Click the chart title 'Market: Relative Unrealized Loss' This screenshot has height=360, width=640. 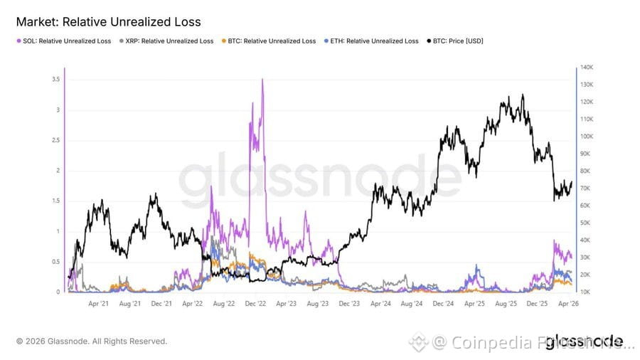pos(108,22)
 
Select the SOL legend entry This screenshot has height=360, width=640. pos(65,41)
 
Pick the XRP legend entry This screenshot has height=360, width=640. pos(167,41)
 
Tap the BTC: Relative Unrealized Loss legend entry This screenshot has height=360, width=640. pos(270,41)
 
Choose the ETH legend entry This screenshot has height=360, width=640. pos(373,41)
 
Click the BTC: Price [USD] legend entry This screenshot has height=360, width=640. pos(456,41)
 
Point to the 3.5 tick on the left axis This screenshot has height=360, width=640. pos(55,80)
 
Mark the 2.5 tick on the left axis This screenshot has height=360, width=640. pos(55,140)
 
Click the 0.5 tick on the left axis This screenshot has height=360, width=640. pos(55,262)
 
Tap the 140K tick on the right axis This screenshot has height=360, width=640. pos(587,68)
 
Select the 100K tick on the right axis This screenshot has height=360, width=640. pos(587,137)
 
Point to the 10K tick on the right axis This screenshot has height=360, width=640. pos(586,292)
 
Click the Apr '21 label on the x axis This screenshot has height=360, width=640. pos(98,304)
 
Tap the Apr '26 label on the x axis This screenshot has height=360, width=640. pos(566,304)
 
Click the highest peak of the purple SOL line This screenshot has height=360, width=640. pos(263,79)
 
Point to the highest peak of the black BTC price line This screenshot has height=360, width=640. pos(523,95)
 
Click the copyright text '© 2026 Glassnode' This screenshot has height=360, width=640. pos(92,342)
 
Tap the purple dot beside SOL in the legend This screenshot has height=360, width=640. pos(18,41)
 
